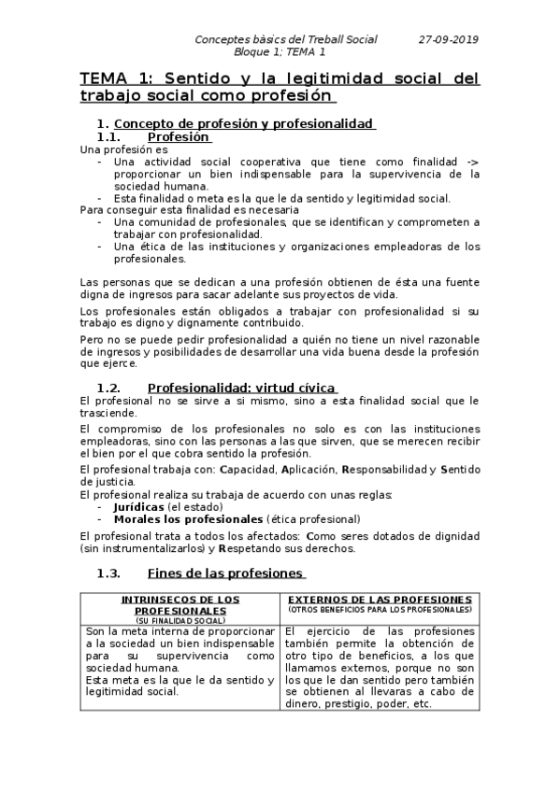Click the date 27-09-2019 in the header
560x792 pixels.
click(x=449, y=39)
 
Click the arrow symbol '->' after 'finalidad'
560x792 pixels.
click(x=471, y=161)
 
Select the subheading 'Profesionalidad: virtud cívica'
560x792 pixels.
click(x=242, y=388)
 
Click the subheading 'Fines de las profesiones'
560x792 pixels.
click(x=226, y=573)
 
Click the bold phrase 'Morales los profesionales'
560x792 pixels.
click(x=188, y=517)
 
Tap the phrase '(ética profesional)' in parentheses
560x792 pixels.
click(x=313, y=517)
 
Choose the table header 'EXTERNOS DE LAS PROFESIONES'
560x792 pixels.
click(x=380, y=598)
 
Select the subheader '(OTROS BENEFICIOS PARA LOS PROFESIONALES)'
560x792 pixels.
click(x=380, y=609)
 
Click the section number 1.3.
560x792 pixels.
click(x=110, y=573)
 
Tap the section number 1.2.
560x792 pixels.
click(x=110, y=388)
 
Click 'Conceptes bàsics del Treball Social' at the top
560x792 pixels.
click(x=286, y=39)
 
